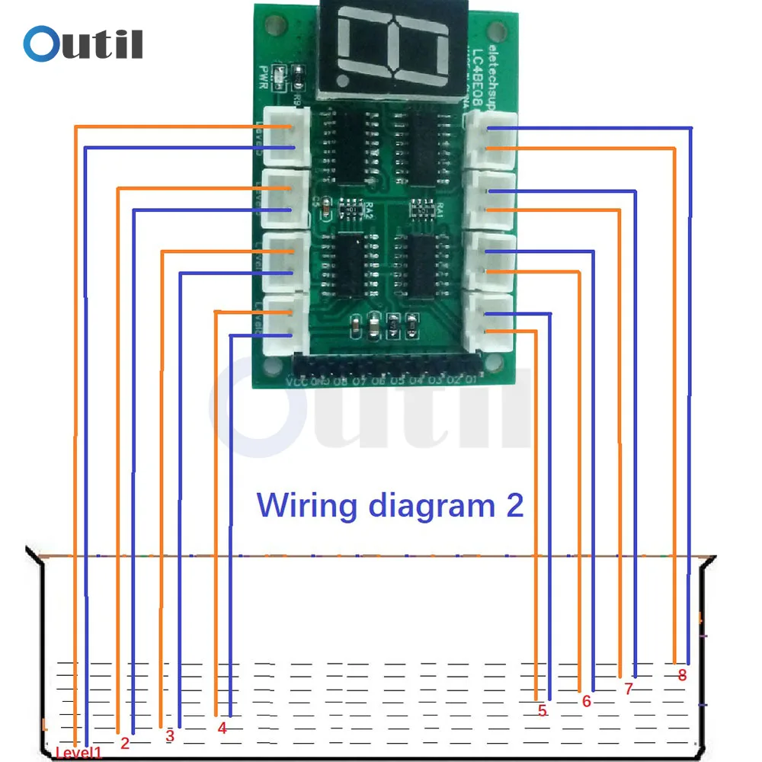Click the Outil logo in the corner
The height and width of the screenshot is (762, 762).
pos(82,43)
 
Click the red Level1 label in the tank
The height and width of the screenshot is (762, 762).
pos(78,753)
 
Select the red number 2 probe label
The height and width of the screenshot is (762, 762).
pos(125,741)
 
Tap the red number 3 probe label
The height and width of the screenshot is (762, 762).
pos(170,736)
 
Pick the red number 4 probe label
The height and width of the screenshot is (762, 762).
pos(222,728)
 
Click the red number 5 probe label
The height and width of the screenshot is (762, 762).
pos(542,711)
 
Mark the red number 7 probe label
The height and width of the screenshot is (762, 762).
pos(628,689)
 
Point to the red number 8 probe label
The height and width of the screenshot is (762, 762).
pos(682,674)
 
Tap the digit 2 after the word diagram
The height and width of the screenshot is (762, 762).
pos(514,505)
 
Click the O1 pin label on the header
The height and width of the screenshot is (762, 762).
pos(471,379)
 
